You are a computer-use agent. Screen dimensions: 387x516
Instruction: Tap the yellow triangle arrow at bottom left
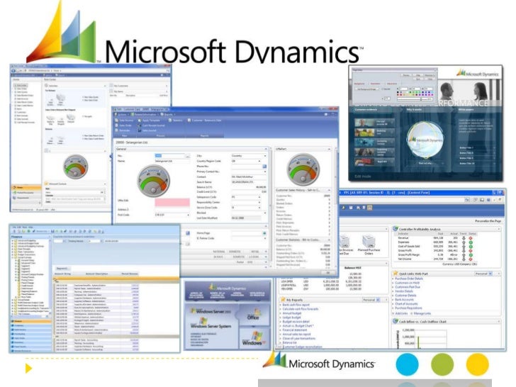(29, 368)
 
